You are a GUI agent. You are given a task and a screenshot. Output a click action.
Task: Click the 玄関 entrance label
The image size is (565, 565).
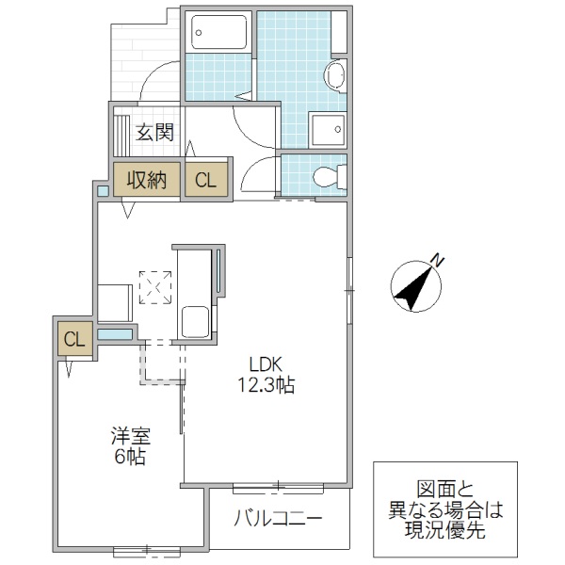[154, 132]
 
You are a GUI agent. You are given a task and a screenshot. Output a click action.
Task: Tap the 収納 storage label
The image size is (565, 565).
[148, 179]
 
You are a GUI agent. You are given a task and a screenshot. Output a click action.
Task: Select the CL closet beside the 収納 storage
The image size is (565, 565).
[205, 179]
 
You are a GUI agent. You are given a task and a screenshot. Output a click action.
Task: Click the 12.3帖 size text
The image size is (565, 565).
[266, 385]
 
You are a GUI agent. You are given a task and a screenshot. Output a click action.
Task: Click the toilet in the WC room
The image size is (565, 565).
[326, 175]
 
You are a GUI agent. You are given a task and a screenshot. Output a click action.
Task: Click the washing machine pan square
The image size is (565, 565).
[329, 130]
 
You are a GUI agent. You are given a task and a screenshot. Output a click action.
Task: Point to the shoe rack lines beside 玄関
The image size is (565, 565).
[121, 133]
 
